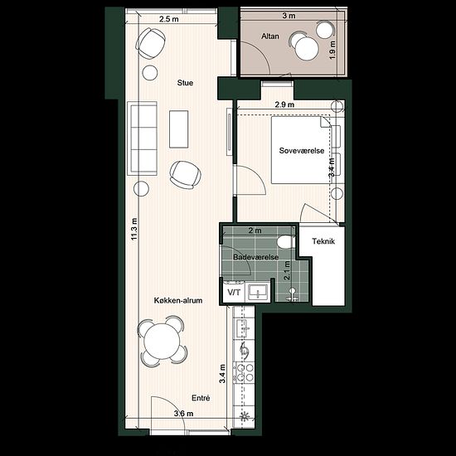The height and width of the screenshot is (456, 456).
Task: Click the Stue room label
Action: click(x=185, y=83)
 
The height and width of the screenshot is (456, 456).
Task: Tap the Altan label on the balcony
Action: click(x=270, y=36)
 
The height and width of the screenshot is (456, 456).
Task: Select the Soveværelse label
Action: click(x=302, y=151)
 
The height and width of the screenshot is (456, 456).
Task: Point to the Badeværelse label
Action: click(x=256, y=257)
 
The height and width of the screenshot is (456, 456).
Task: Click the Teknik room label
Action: click(x=323, y=241)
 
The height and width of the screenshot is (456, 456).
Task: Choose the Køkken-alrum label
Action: click(x=178, y=300)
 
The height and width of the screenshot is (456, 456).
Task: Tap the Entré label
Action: click(x=201, y=398)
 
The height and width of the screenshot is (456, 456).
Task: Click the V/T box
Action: click(x=234, y=292)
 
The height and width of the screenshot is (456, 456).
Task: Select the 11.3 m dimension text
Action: click(x=133, y=229)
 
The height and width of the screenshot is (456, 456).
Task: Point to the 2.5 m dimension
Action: click(x=169, y=20)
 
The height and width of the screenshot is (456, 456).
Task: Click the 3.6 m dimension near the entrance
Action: click(x=183, y=413)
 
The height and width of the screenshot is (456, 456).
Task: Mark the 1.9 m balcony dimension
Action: click(x=332, y=50)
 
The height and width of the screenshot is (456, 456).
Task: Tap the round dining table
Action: click(x=163, y=341)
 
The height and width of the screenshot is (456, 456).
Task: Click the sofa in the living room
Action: click(x=143, y=138)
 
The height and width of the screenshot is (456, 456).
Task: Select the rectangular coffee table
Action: click(x=178, y=129)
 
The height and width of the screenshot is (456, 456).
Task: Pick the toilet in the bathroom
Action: click(x=285, y=242)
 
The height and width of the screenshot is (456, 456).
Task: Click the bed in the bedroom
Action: click(x=301, y=150)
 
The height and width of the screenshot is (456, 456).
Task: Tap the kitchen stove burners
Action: click(x=245, y=373)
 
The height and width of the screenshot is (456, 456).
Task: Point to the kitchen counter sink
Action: click(x=244, y=328)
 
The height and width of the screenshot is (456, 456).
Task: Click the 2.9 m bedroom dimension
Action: click(x=284, y=104)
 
